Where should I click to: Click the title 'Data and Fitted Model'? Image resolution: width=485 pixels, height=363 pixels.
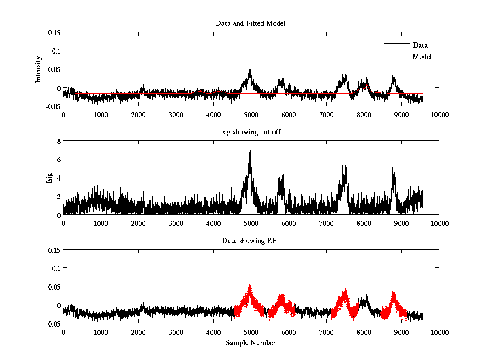[251, 23]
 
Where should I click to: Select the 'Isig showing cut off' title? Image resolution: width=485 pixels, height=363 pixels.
[251, 132]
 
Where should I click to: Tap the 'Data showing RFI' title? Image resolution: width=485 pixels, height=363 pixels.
[251, 241]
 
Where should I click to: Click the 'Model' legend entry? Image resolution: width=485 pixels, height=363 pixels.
[422, 57]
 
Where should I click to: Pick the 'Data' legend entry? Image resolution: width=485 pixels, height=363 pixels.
[420, 45]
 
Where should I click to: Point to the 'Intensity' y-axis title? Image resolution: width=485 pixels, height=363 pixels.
[38, 69]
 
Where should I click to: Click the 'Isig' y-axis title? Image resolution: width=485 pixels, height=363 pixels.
[50, 178]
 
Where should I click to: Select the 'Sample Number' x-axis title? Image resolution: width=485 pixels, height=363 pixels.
[251, 343]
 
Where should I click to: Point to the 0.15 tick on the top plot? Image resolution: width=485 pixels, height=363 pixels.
[53, 32]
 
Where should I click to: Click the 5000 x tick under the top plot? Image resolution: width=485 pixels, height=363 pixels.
[251, 115]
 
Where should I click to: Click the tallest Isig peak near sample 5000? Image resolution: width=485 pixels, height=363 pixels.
[250, 148]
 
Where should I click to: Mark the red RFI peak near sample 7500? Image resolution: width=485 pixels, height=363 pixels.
[346, 290]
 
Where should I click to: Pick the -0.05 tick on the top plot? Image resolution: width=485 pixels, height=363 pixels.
[53, 106]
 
